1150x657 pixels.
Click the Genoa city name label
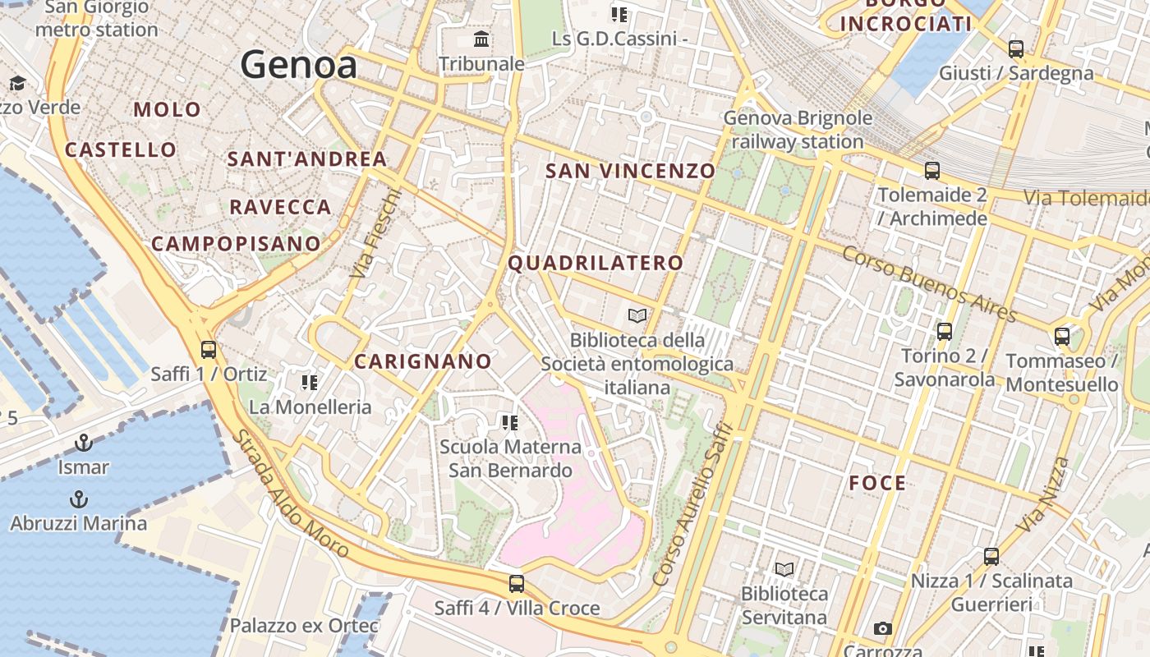coord(299,65)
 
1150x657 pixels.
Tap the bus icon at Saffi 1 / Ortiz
coord(209,350)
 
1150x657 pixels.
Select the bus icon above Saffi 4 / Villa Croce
coord(516,584)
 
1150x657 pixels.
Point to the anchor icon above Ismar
coord(83,443)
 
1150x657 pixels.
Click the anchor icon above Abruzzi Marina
coord(78,499)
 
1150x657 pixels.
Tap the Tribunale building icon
coord(481,39)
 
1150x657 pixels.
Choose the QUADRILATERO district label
coord(596,263)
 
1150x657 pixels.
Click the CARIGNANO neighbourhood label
coord(423,361)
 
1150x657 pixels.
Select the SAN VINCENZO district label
coord(631,171)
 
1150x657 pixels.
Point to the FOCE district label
coord(878,483)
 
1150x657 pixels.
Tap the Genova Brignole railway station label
coord(797,130)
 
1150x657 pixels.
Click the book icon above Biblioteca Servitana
coord(784,569)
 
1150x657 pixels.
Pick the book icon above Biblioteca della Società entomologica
coord(637,315)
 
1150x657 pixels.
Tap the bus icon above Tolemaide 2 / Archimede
coord(932,171)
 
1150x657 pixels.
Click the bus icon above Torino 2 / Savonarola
coord(945,332)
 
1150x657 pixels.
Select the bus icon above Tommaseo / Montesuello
coord(1062,336)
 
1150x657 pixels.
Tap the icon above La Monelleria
coord(310,383)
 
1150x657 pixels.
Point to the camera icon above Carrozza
coord(883,629)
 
